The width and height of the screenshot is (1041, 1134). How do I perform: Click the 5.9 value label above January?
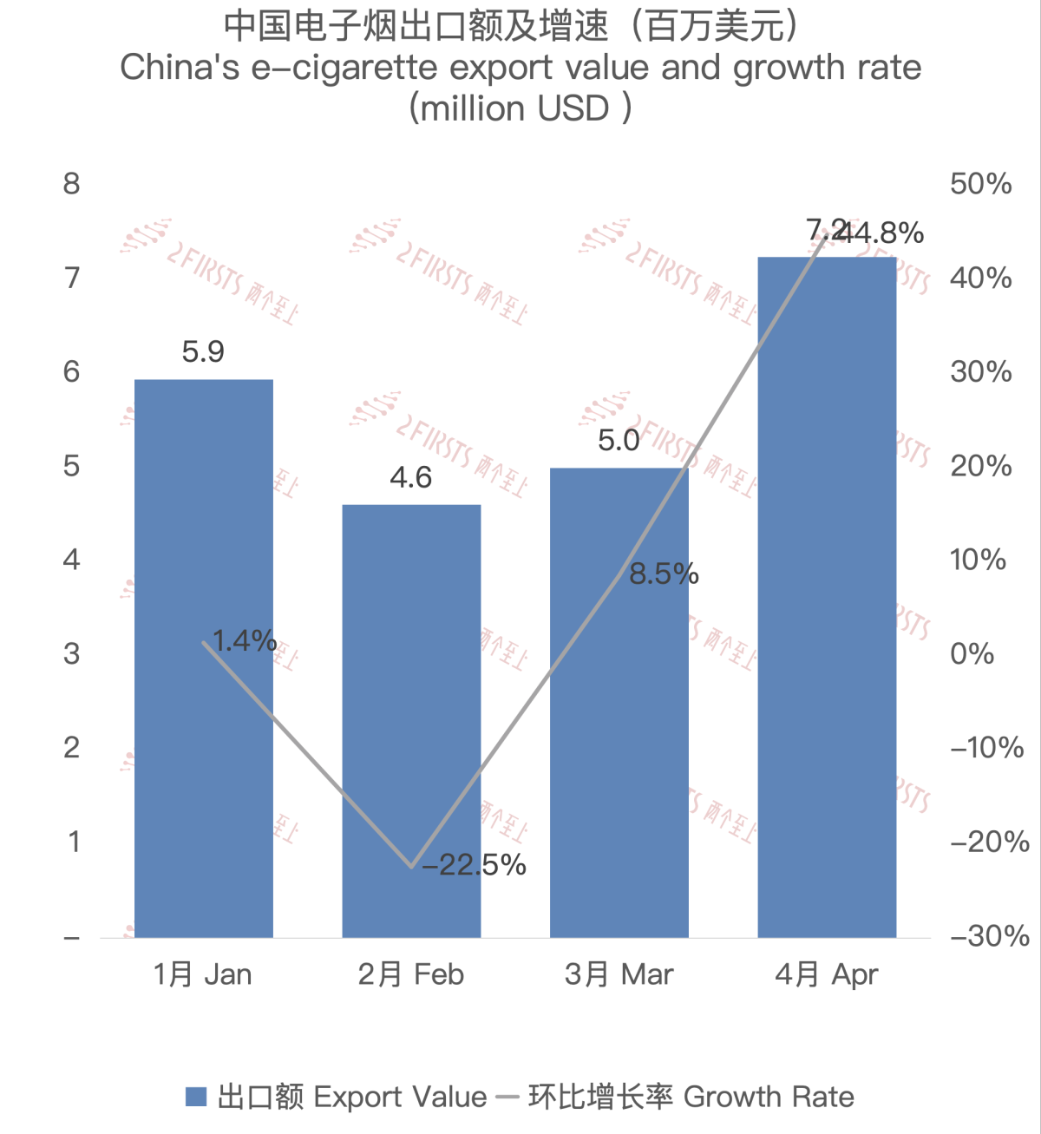[x=203, y=352]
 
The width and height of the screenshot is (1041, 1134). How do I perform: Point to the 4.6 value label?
[x=411, y=477]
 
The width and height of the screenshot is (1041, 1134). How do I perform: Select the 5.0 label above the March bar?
[x=619, y=441]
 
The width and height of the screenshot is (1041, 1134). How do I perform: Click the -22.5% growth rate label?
[x=475, y=865]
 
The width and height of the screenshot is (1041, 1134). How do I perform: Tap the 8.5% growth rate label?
[x=664, y=574]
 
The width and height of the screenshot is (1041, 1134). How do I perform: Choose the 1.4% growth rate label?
[x=245, y=641]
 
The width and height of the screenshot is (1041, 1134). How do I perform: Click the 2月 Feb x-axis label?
[x=411, y=974]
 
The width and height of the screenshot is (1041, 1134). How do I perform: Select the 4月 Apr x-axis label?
[x=827, y=974]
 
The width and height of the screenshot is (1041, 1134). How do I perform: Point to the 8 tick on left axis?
[x=72, y=184]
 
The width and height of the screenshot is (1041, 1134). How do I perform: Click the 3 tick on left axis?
[x=72, y=654]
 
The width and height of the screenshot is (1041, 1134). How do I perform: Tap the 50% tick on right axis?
[x=980, y=184]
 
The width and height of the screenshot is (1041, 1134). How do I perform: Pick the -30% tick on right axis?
[x=989, y=936]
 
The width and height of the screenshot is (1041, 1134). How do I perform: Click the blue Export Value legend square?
[x=196, y=1097]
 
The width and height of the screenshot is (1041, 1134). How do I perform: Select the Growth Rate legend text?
[x=769, y=1097]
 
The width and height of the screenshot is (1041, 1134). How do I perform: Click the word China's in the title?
[x=180, y=68]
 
